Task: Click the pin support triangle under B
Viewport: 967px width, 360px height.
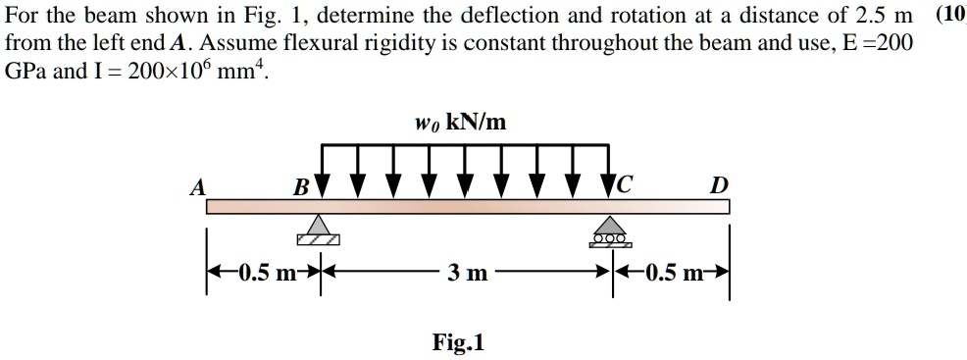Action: [x=317, y=230]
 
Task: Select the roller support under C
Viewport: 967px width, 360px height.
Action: [x=609, y=231]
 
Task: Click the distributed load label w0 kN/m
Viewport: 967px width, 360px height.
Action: [x=461, y=122]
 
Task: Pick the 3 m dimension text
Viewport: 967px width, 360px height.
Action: [x=467, y=273]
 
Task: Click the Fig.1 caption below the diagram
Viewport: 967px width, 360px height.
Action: [x=458, y=342]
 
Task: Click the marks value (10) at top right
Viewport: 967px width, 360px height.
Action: [x=950, y=14]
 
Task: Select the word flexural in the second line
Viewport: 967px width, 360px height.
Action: [x=318, y=44]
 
